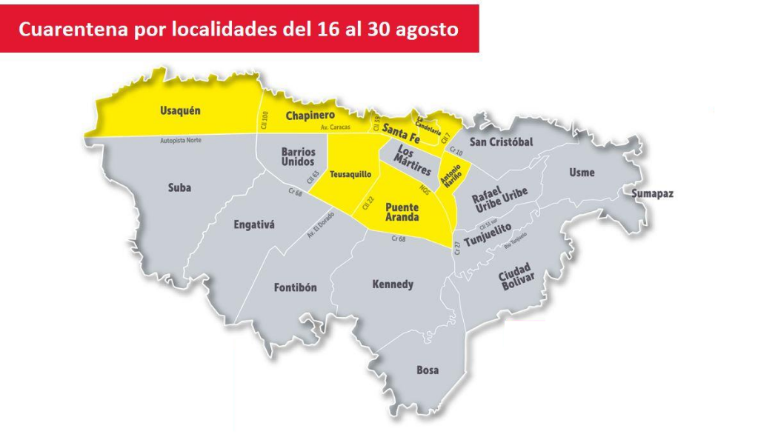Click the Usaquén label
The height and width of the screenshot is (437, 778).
tap(181, 111)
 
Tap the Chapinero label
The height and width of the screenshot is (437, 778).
tap(310, 116)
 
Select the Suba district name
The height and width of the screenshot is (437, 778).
tap(179, 188)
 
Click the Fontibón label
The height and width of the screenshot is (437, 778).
tap(296, 287)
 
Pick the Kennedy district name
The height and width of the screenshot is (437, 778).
tap(392, 284)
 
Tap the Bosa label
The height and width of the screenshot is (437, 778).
tap(428, 370)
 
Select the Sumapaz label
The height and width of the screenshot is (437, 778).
tap(652, 194)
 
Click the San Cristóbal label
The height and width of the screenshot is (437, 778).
tap(502, 141)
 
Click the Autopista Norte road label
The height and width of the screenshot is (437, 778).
tap(180, 139)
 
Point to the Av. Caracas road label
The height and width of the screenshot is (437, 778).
tap(335, 127)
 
